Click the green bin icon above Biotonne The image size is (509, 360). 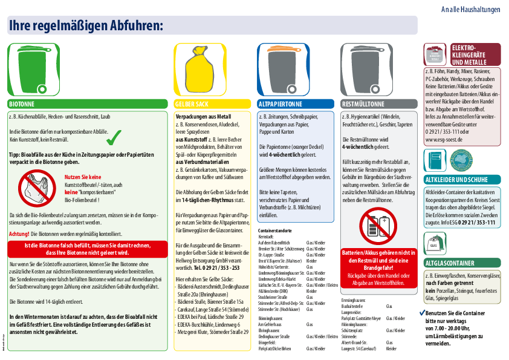pos(34,70)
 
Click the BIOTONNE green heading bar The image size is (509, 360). pos(87,103)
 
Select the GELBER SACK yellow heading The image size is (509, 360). pos(212,103)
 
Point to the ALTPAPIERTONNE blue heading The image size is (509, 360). pos(295,103)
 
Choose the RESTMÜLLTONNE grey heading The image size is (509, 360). pos(378,103)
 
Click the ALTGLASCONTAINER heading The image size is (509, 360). pos(462,263)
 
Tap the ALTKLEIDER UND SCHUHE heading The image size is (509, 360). pos(462,180)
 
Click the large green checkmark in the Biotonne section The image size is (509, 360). pos(113,138)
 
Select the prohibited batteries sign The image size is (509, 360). pos(377,225)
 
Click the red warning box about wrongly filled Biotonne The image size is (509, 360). pos(87,249)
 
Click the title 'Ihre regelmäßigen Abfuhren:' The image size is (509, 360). pos(86,25)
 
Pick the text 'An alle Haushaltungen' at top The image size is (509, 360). pos(470,10)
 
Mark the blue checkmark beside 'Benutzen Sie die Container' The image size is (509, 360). pos(422,313)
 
